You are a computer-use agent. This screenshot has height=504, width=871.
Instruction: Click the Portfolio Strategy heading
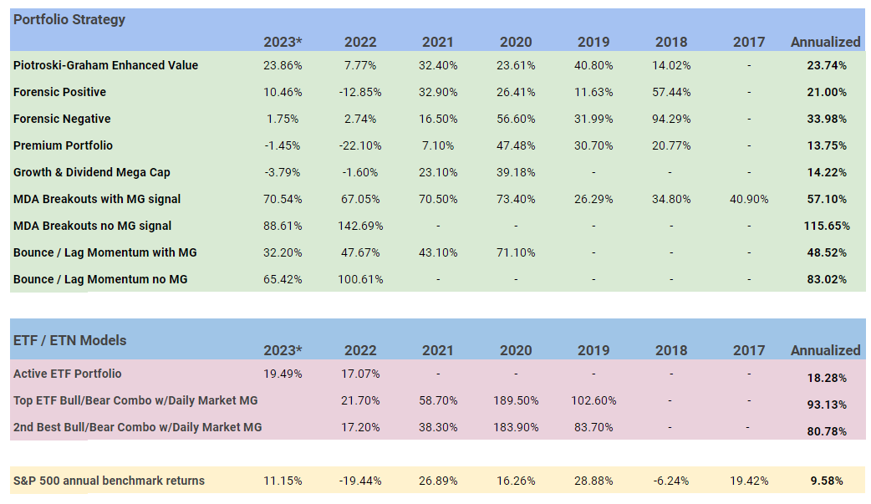pyautogui.click(x=69, y=19)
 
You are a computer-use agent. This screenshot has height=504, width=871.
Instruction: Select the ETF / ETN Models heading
pyautogui.click(x=70, y=340)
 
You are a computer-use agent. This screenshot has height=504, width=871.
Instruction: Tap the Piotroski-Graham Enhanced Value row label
pyautogui.click(x=105, y=65)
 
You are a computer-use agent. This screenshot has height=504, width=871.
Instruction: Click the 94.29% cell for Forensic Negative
pyautogui.click(x=671, y=119)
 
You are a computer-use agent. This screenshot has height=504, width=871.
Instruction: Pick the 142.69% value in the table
pyautogui.click(x=360, y=226)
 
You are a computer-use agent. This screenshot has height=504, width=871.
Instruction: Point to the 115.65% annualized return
pyautogui.click(x=826, y=226)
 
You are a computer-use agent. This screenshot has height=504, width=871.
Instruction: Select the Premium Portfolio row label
pyautogui.click(x=63, y=145)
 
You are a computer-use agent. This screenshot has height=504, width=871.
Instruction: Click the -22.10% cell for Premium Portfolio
pyautogui.click(x=360, y=145)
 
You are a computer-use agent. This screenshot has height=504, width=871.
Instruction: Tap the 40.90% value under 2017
pyautogui.click(x=748, y=199)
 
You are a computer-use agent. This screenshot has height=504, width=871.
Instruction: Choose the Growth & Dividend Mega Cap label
pyautogui.click(x=92, y=172)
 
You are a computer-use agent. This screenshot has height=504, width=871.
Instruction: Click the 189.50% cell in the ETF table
pyautogui.click(x=516, y=400)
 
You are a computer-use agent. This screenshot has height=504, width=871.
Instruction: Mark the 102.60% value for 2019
pyautogui.click(x=593, y=400)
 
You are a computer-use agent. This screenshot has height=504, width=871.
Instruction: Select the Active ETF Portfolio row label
pyautogui.click(x=67, y=374)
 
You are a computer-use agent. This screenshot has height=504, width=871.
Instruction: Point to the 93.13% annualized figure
pyautogui.click(x=826, y=405)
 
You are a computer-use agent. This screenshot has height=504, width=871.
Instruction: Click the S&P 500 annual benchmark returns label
pyautogui.click(x=109, y=481)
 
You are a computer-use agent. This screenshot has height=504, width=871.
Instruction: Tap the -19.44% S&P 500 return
pyautogui.click(x=360, y=481)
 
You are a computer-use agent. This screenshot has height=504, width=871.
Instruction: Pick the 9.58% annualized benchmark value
pyautogui.click(x=826, y=481)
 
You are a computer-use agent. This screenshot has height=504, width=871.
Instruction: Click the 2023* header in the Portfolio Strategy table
pyautogui.click(x=283, y=42)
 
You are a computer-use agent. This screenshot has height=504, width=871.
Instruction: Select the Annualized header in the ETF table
pyautogui.click(x=825, y=350)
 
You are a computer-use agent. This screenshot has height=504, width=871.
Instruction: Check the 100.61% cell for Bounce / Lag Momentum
pyautogui.click(x=360, y=279)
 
